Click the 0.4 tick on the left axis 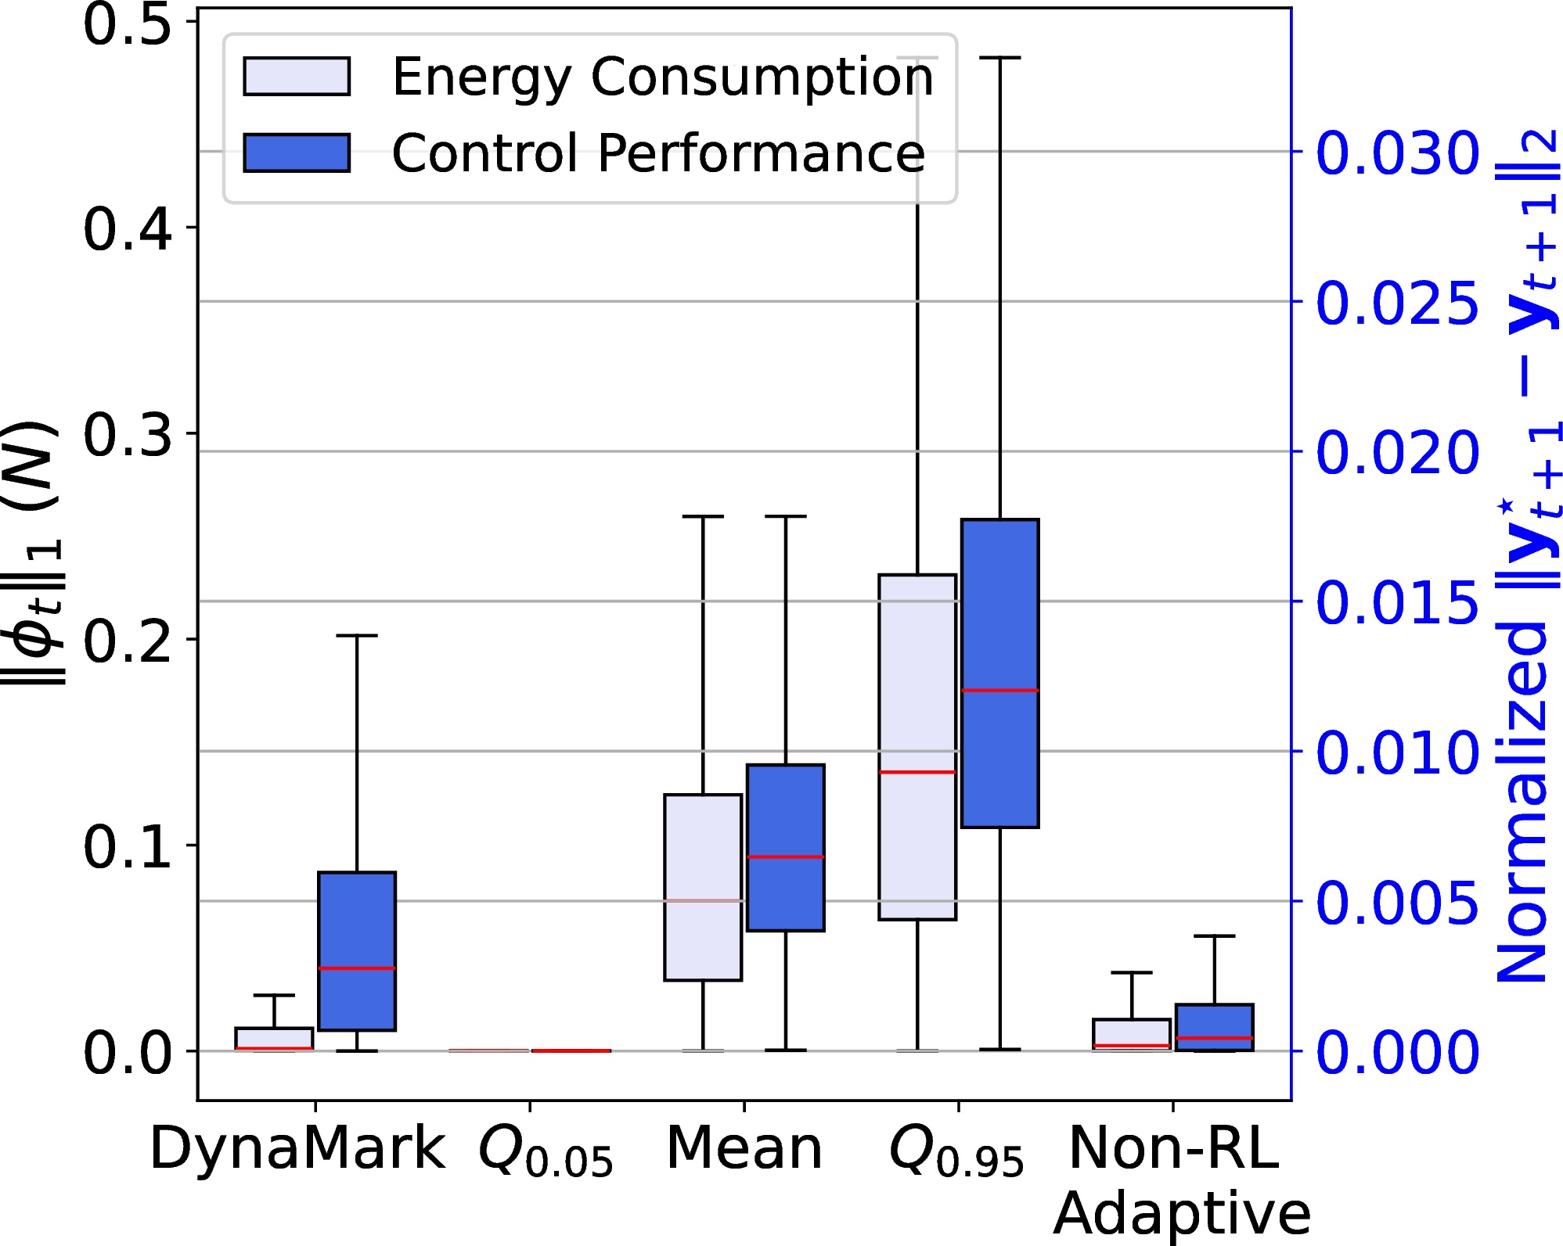tap(127, 228)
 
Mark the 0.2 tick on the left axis tap(127, 639)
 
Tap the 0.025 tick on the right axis tap(1398, 302)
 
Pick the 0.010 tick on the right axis tap(1398, 752)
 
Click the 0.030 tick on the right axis tap(1398, 152)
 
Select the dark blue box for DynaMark tap(357, 951)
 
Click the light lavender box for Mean tap(703, 887)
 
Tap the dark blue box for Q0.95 tap(1000, 673)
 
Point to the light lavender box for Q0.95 tap(917, 747)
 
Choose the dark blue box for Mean tap(786, 848)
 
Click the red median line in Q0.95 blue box tap(1000, 691)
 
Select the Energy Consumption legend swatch tap(297, 76)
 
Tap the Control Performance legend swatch tap(297, 153)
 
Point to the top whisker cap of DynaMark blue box tap(357, 636)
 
